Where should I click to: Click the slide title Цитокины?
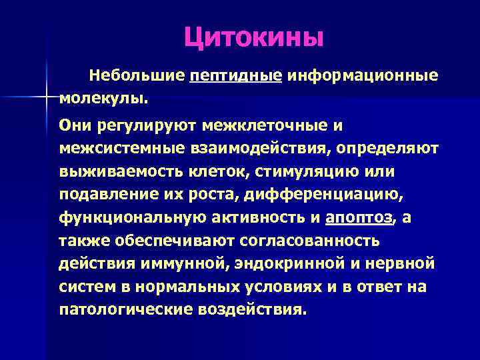254,37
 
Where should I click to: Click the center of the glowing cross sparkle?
47,98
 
